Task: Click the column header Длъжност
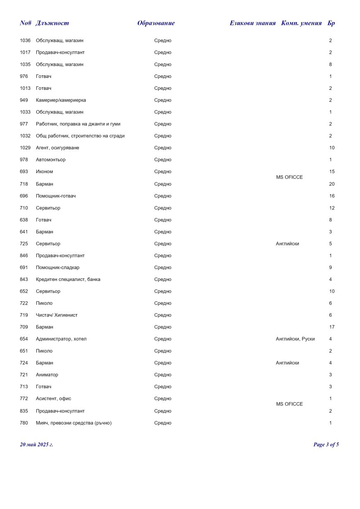click(x=52, y=23)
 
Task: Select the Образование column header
click(x=156, y=23)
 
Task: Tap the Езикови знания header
click(x=252, y=23)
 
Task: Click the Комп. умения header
click(x=301, y=23)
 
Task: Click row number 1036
click(x=25, y=41)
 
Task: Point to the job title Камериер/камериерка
click(x=61, y=100)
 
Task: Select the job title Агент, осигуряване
click(x=58, y=148)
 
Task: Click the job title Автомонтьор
click(x=50, y=160)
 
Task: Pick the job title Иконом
click(x=44, y=172)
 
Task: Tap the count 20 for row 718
click(x=332, y=184)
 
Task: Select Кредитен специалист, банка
click(x=68, y=280)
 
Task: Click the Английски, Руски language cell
click(x=295, y=339)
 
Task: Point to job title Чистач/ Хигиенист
click(x=57, y=315)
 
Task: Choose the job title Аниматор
click(x=47, y=375)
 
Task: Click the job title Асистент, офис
click(x=53, y=399)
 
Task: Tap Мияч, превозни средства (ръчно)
click(x=74, y=423)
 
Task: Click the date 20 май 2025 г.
click(x=36, y=445)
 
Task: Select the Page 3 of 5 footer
click(x=326, y=445)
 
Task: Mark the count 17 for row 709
click(x=332, y=327)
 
